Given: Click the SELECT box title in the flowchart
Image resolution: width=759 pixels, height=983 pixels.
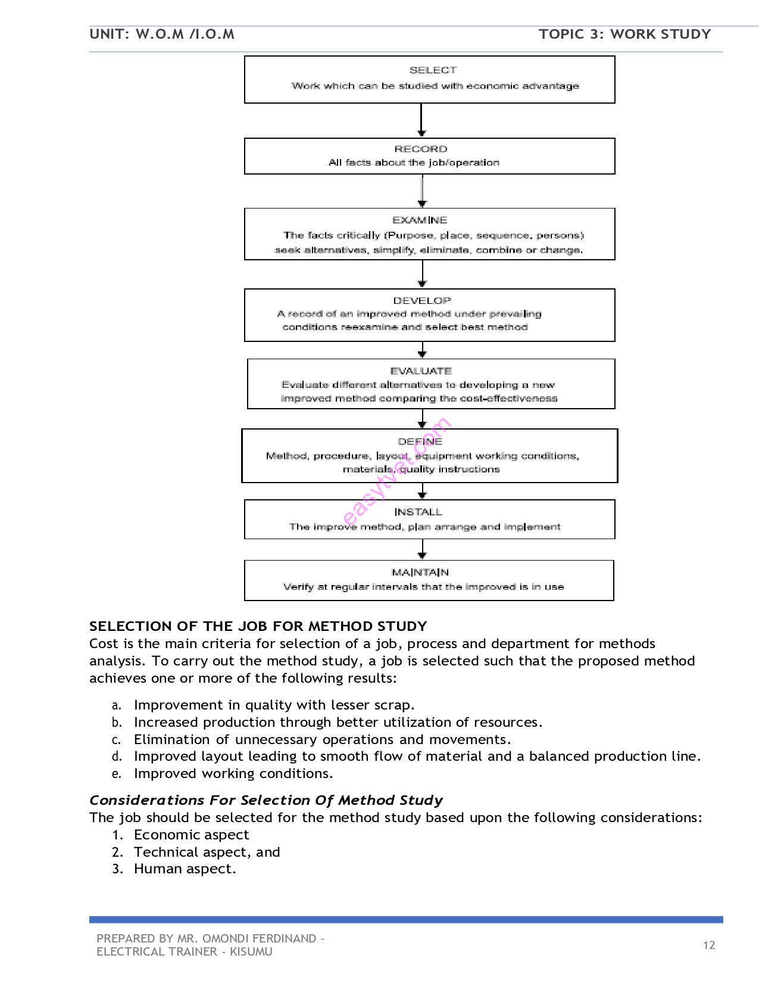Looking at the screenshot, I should coord(433,70).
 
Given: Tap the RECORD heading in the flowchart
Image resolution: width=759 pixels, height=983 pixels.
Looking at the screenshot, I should coord(420,149).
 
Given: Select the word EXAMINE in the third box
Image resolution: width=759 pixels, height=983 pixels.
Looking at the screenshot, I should coord(419,220).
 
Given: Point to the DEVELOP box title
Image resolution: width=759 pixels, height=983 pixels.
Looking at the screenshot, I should coord(421,301).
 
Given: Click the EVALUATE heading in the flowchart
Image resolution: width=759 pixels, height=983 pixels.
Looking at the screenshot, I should coord(421,371).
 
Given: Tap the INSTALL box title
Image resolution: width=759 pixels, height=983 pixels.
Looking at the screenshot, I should coord(418,512).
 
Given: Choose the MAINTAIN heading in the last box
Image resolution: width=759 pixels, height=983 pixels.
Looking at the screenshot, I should coord(420,573).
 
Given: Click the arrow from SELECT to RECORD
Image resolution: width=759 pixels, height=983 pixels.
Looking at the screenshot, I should coord(421,120).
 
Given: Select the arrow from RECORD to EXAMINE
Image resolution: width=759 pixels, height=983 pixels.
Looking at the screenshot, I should coord(422,191).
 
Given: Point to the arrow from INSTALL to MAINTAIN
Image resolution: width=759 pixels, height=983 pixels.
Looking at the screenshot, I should coord(422,549).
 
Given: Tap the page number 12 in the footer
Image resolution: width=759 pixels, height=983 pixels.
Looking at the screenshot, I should coord(708,945).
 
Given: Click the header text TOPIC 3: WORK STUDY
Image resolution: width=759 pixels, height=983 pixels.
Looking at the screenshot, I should coord(624,34).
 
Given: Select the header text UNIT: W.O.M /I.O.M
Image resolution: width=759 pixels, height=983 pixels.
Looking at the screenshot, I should coord(162,34).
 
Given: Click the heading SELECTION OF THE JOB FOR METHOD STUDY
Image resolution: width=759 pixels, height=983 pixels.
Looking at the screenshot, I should coord(258,626).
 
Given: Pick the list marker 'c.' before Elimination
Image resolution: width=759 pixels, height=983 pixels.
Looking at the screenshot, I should coord(117,740).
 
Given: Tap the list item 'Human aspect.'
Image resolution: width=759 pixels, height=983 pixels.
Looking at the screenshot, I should coord(185,869).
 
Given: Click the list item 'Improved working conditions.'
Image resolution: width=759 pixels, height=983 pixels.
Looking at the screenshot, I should coord(233,773).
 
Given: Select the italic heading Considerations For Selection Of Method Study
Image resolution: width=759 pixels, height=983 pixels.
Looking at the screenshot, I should coord(266,800).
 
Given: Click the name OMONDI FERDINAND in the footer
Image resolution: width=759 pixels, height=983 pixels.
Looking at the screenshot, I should coord(259,938).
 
